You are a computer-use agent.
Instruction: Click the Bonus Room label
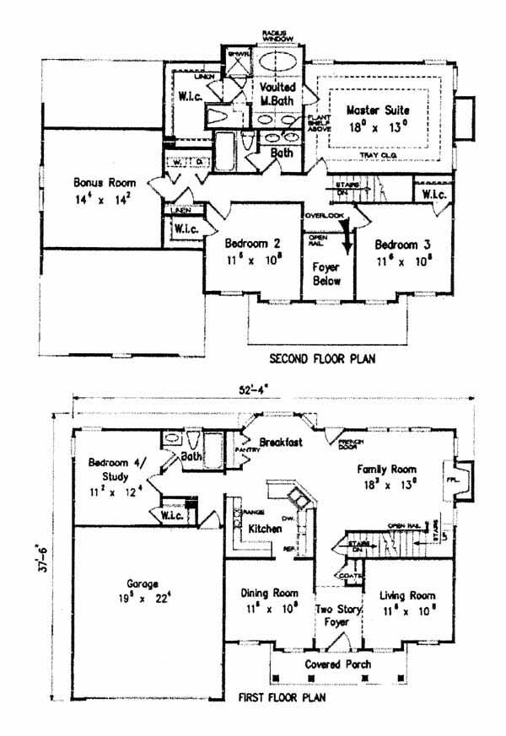point(99,182)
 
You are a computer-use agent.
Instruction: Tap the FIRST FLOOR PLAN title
point(281,698)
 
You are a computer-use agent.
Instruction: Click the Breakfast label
point(280,442)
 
